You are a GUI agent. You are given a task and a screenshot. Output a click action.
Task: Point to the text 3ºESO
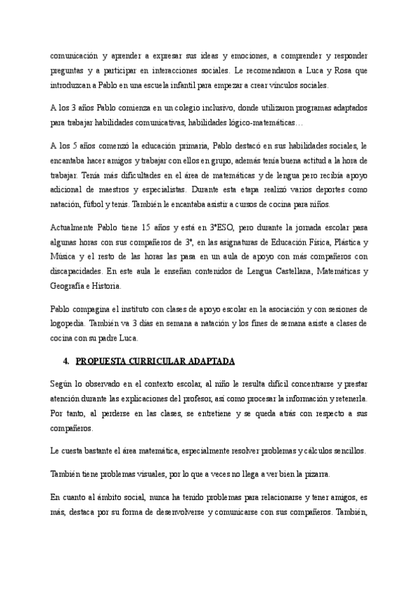(221, 228)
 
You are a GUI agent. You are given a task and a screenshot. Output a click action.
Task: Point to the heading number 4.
(65, 361)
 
